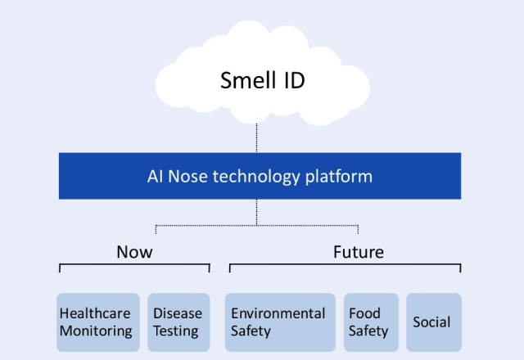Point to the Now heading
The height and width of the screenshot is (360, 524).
pos(134,250)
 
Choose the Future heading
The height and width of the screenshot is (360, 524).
pos(359,250)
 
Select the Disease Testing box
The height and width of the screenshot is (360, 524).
pos(178,322)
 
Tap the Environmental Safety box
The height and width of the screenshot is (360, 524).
pos(279,322)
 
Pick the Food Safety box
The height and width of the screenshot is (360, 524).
pos(370,322)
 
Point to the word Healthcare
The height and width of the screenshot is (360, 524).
pos(95,313)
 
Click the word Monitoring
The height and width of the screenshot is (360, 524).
pos(95,331)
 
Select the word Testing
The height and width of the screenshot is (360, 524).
pos(176,331)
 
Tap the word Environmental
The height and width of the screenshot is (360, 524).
pos(278,313)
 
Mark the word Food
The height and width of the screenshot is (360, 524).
pos(364,313)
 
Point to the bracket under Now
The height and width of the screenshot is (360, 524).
pos(134,265)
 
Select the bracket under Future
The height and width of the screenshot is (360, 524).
pos(344,265)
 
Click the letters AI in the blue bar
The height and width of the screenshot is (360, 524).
pos(155,176)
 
